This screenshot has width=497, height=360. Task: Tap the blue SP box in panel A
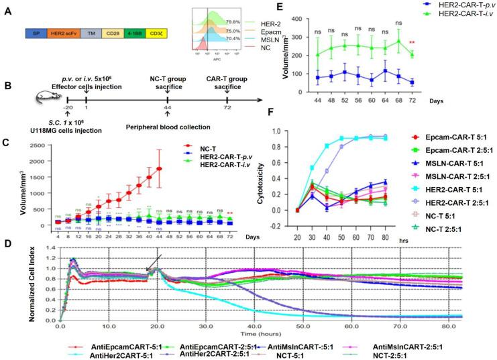pos(34,33)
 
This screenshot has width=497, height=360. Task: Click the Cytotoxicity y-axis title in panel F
pos(311,176)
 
